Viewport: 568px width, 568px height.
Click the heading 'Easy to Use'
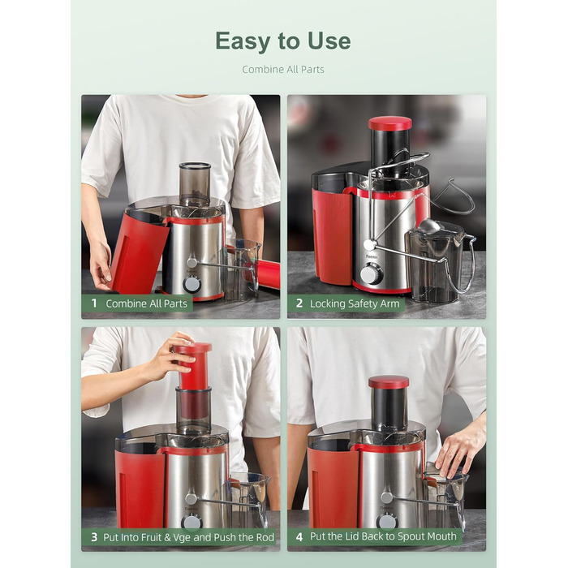[283, 41]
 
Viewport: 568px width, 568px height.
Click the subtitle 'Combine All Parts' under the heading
[283, 70]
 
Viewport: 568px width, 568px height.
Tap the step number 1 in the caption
[94, 304]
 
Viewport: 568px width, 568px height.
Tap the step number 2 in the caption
[299, 304]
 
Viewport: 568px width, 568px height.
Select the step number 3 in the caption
[94, 537]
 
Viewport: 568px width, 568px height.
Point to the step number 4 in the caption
[299, 537]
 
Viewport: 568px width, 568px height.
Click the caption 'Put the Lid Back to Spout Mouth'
[385, 537]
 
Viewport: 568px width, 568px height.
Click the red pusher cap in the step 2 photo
[389, 123]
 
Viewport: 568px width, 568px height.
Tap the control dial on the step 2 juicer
[371, 275]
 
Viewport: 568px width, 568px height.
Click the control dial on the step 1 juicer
[192, 283]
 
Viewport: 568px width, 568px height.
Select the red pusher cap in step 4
[389, 382]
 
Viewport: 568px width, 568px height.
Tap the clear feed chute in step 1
[195, 184]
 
